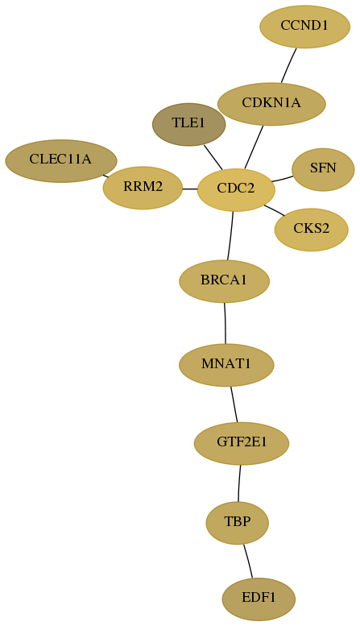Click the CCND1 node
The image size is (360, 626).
tap(305, 27)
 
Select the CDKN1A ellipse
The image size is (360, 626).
tap(271, 104)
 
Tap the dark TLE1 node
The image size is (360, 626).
tap(188, 125)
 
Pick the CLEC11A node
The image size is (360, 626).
tap(61, 161)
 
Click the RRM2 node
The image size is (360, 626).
tap(143, 188)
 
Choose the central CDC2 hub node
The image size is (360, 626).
tap(236, 190)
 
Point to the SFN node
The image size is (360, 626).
tap(323, 170)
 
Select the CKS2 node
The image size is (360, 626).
tap(312, 230)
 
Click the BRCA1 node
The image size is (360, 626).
tap(225, 281)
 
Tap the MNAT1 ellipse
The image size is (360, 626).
tap(226, 365)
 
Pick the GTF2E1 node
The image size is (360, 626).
tap(242, 444)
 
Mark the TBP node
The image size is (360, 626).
tap(238, 523)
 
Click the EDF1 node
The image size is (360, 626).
tap(259, 599)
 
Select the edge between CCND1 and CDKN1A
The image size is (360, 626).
tap(288, 66)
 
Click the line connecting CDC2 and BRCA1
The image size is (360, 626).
tap(230, 236)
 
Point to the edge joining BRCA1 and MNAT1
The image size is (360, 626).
tap(225, 323)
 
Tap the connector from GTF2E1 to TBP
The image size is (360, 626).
tap(239, 483)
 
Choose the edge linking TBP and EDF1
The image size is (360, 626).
tap(248, 561)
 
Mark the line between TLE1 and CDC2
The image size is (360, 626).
tap(213, 157)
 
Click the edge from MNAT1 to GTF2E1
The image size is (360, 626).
tap(234, 404)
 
